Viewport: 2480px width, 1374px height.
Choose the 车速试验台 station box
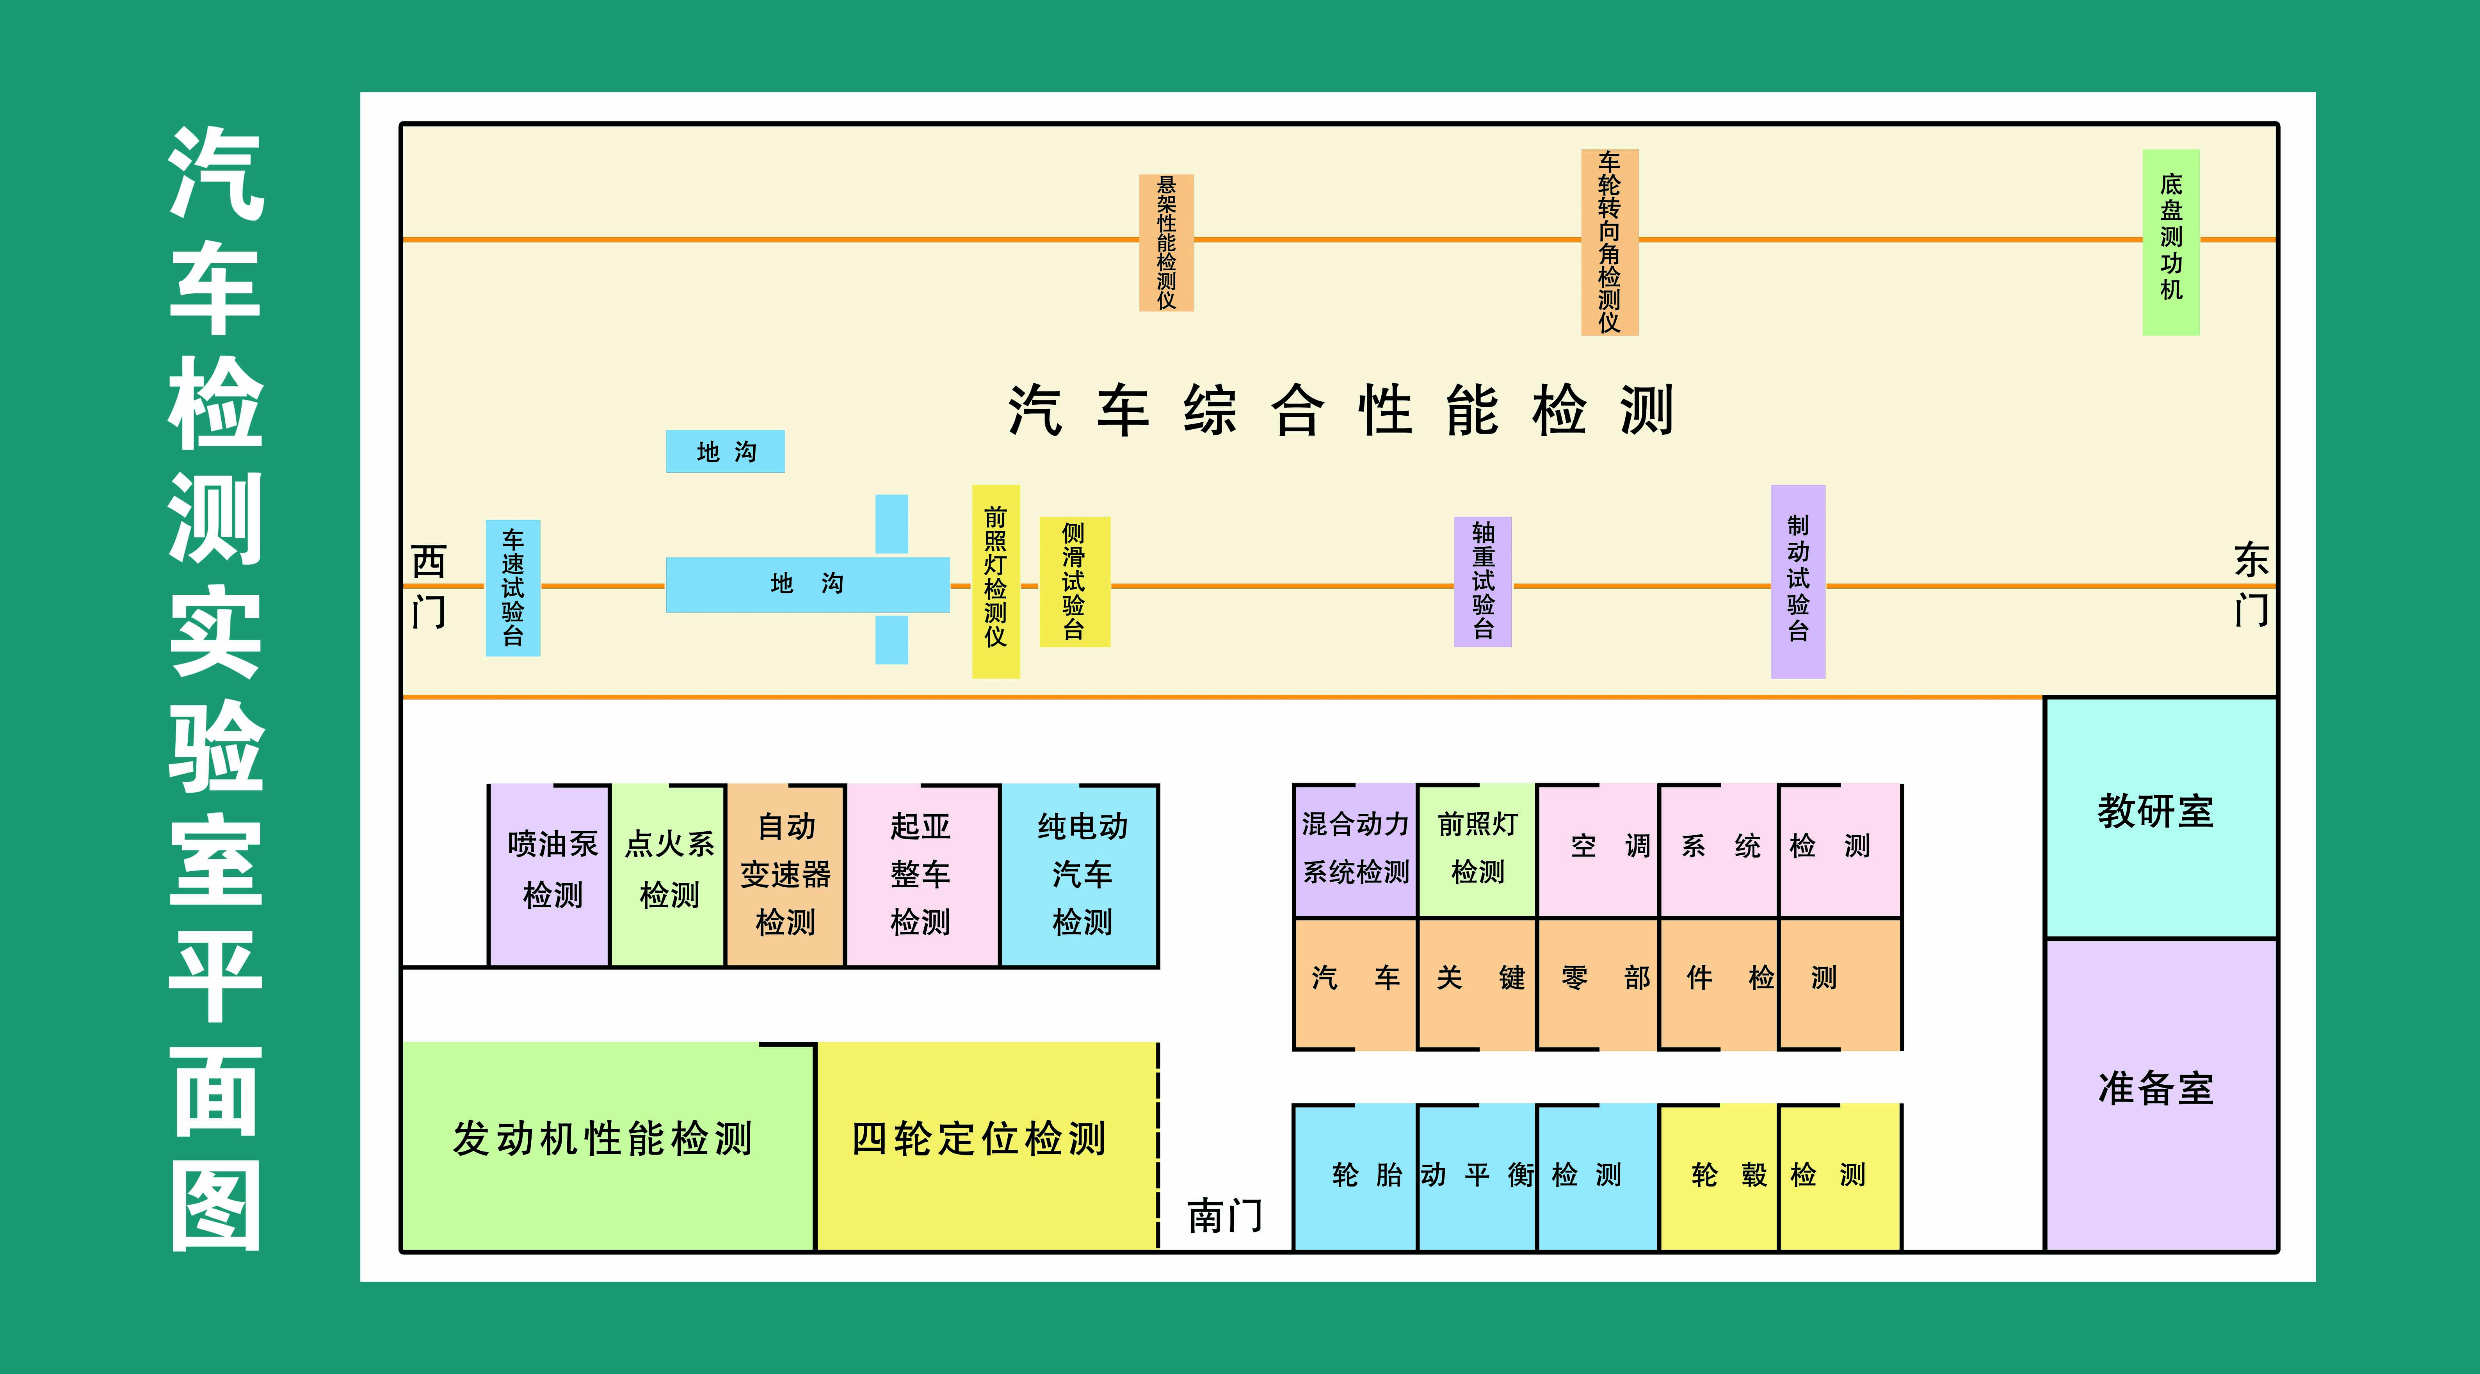point(512,587)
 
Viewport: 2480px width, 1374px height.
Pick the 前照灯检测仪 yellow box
point(995,580)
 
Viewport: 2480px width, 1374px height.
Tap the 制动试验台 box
point(1797,580)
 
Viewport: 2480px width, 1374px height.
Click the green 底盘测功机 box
point(2171,241)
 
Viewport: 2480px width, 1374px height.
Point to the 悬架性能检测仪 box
point(1166,243)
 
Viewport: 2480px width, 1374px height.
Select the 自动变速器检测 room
point(786,874)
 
